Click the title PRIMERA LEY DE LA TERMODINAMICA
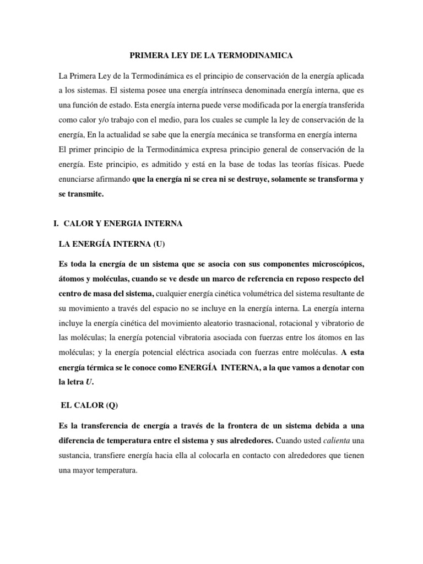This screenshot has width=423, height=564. [x=211, y=56]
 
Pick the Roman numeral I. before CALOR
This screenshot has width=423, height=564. [x=56, y=224]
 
